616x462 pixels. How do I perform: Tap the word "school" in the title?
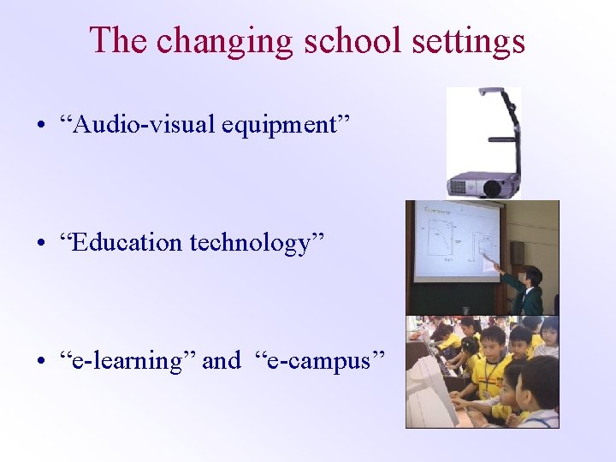click(x=343, y=40)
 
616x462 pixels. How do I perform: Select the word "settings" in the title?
click(x=463, y=40)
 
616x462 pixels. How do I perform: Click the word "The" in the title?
click(x=119, y=40)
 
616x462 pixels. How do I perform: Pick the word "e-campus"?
click(x=320, y=361)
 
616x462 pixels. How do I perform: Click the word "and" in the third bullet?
click(x=222, y=361)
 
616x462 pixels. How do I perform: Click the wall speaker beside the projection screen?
click(x=517, y=253)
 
